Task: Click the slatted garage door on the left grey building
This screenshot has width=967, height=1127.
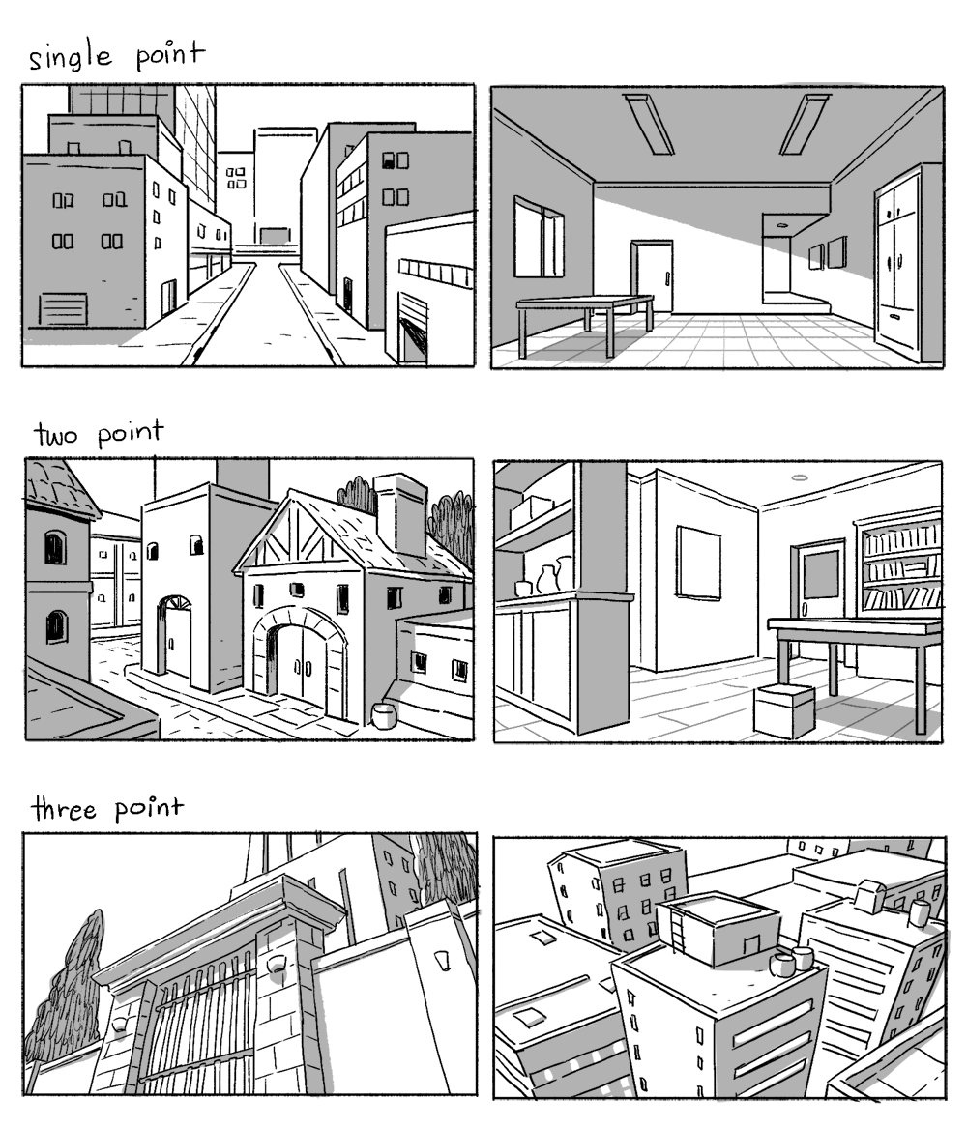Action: (x=63, y=309)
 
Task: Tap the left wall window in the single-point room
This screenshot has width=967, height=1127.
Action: (x=538, y=238)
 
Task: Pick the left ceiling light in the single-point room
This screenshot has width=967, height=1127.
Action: (x=649, y=124)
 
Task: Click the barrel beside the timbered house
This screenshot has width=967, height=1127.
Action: (x=384, y=715)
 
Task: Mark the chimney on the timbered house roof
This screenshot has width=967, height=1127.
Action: (x=399, y=513)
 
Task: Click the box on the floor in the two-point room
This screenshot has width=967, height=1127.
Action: (x=784, y=710)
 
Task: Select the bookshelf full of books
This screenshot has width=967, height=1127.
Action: (x=901, y=565)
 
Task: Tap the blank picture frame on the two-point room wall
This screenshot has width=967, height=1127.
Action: (x=698, y=563)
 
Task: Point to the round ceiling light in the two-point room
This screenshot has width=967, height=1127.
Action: (x=799, y=477)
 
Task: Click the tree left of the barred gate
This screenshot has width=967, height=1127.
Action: (x=67, y=996)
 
